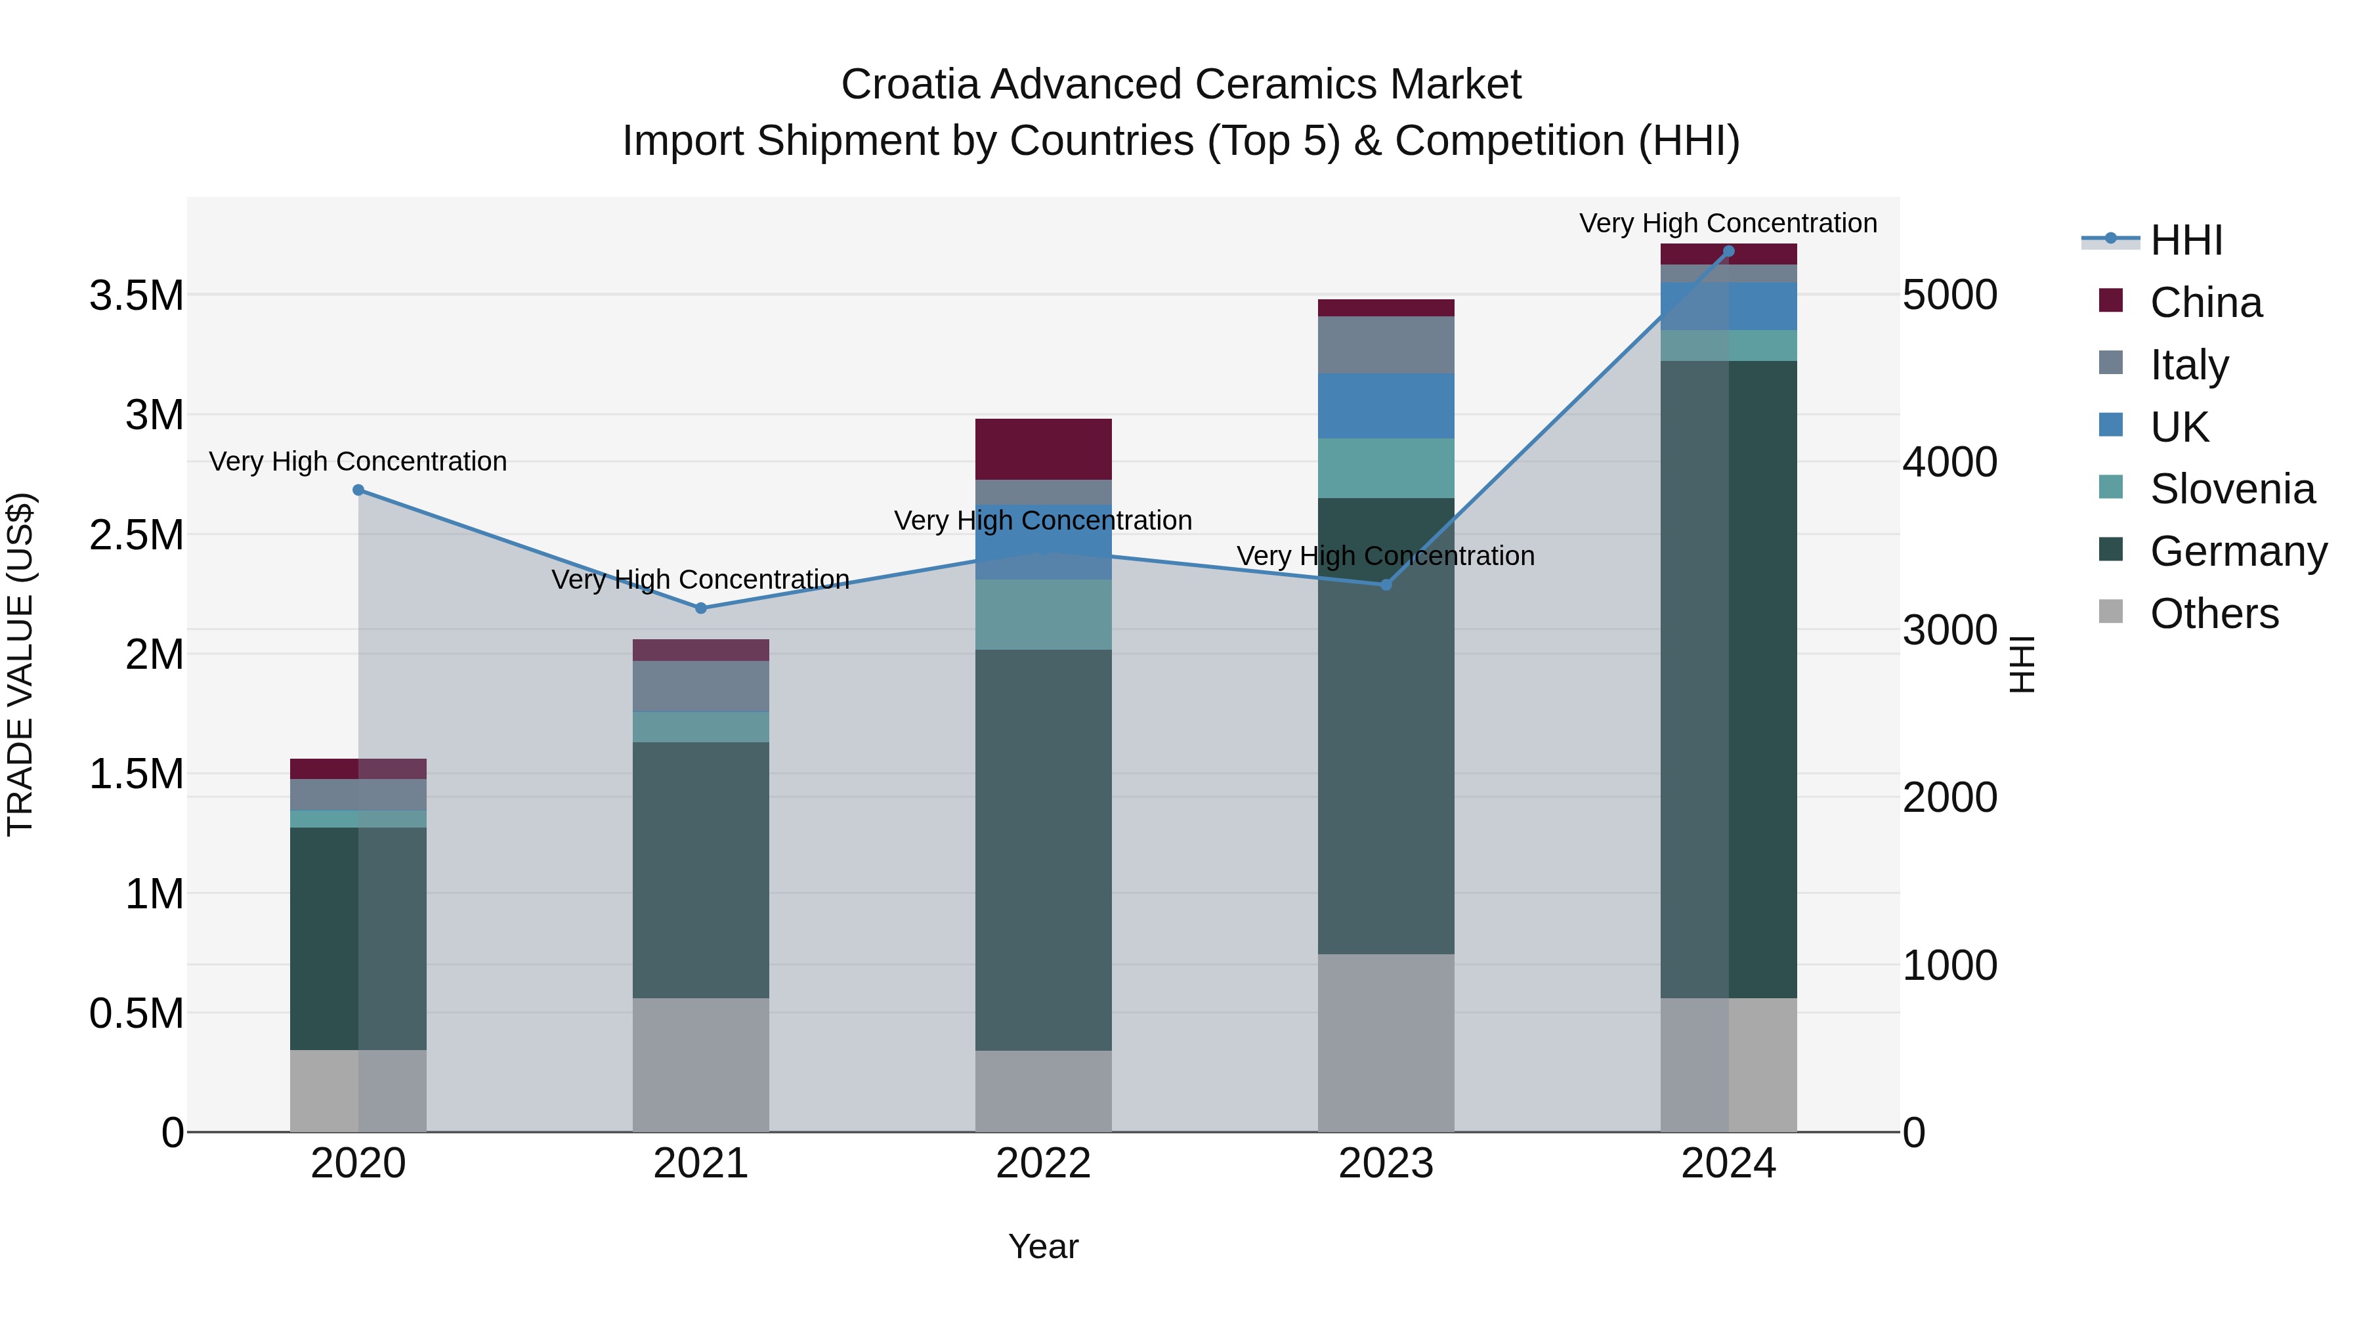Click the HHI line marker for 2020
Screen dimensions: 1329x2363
coord(358,490)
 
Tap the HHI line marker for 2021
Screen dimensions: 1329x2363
coord(701,608)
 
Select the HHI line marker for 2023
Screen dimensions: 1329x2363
coord(1386,584)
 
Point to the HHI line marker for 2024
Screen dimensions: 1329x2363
coord(1728,251)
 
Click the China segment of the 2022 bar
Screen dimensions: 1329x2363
coord(1043,448)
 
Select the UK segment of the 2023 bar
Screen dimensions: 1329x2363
coord(1386,406)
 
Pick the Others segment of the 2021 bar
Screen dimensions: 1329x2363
coord(701,1064)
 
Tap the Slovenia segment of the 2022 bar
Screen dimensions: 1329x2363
coord(1043,614)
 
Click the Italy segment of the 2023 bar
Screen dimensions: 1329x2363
coord(1386,344)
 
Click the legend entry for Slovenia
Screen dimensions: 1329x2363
coord(2232,489)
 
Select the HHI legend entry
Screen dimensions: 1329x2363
coord(2186,240)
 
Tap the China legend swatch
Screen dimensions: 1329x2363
coord(2111,301)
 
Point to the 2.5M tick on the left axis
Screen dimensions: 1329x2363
coord(137,535)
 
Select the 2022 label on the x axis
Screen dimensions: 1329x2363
coord(1043,1164)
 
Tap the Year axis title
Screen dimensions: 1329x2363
coord(1043,1246)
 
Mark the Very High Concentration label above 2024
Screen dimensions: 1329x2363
coord(1728,223)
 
